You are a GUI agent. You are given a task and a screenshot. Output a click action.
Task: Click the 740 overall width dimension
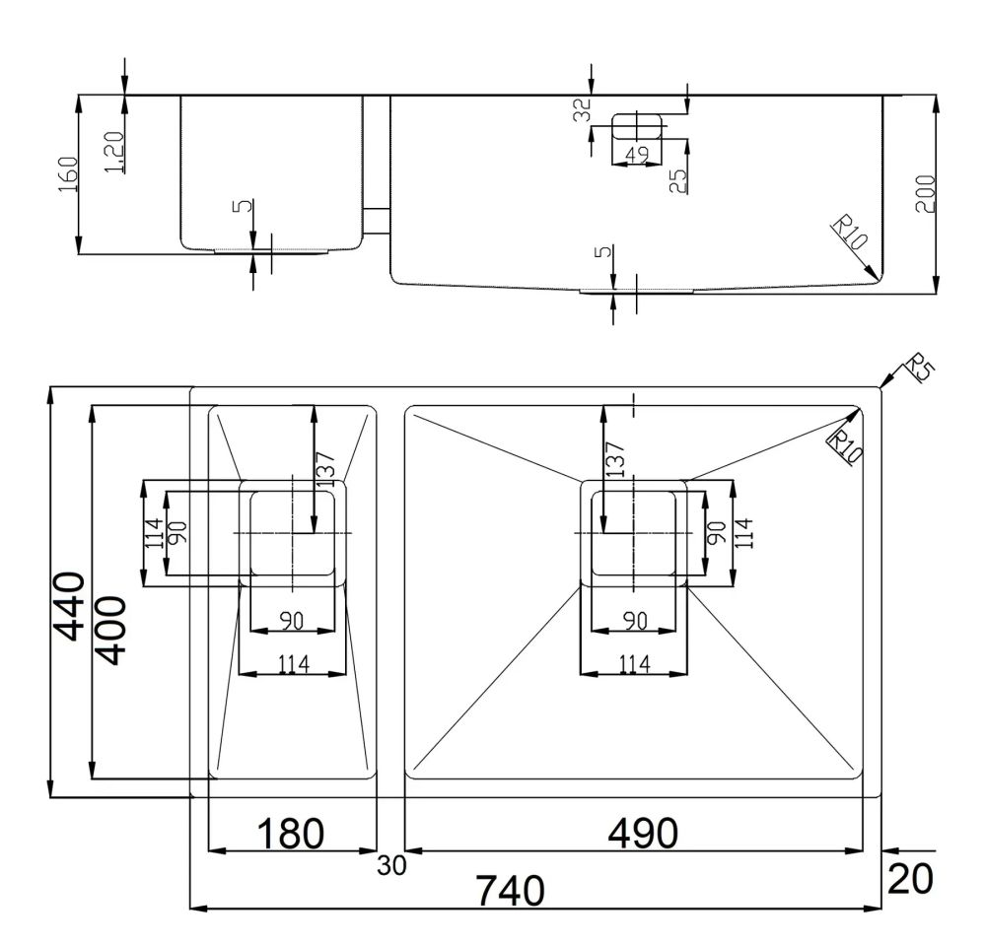510,891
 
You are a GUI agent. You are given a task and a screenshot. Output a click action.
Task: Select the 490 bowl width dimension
643,834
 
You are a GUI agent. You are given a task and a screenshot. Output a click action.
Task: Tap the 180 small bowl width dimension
290,834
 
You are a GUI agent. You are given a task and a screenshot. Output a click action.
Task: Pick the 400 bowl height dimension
112,631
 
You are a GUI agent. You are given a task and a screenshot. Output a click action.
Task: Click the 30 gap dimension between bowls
391,866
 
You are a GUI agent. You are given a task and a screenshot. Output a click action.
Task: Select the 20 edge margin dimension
910,878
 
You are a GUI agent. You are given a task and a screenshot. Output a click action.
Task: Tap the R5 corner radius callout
919,369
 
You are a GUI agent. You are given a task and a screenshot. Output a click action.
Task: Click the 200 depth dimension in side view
925,194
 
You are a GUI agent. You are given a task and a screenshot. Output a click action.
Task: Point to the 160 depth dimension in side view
67,174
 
